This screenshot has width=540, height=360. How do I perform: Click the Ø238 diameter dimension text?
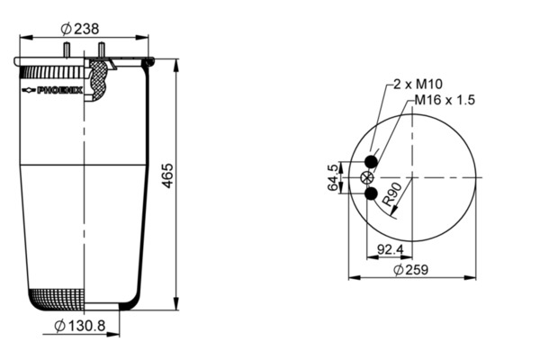tap(80, 29)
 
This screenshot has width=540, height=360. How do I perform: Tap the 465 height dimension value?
tap(167, 175)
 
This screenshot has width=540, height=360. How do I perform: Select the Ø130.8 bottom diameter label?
tap(80, 325)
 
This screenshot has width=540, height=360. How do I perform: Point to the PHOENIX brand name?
tap(60, 90)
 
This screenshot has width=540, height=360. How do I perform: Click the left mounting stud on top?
tap(66, 50)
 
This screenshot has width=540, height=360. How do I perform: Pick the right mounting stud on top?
tap(102, 50)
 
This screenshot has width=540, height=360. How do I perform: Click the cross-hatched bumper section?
tap(99, 81)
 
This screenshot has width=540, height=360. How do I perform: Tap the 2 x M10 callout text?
tap(418, 84)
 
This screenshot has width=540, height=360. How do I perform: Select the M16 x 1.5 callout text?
tap(445, 100)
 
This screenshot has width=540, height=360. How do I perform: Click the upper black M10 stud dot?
tap(371, 161)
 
